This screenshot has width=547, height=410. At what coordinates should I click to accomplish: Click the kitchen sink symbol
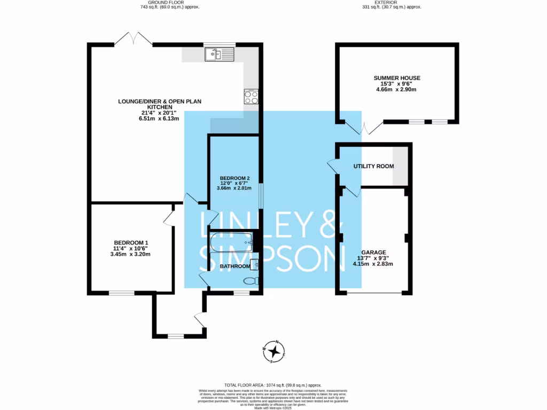click(x=219, y=54)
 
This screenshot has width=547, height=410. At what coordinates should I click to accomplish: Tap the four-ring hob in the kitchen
click(x=251, y=97)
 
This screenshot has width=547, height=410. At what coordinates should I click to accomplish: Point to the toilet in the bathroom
click(x=250, y=281)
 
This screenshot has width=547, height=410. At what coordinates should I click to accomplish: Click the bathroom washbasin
click(x=254, y=263)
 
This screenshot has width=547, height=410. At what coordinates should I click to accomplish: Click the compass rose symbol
click(x=275, y=351)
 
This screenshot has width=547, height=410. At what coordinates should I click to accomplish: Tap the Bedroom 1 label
click(x=131, y=242)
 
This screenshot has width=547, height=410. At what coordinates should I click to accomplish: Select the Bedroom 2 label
click(x=235, y=178)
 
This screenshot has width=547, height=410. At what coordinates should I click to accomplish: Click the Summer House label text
click(x=397, y=78)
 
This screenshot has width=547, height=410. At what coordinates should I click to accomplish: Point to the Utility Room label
click(x=373, y=166)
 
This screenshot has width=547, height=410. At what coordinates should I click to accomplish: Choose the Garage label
click(x=373, y=252)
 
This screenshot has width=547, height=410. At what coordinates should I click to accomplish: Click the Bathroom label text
click(x=235, y=266)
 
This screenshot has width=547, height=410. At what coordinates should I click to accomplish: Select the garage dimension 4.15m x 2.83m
click(x=373, y=264)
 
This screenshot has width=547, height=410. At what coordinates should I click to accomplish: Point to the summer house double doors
click(x=364, y=128)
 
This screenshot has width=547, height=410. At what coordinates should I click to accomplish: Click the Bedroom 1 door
click(x=168, y=217)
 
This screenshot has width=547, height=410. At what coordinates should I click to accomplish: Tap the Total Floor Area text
click(x=273, y=385)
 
